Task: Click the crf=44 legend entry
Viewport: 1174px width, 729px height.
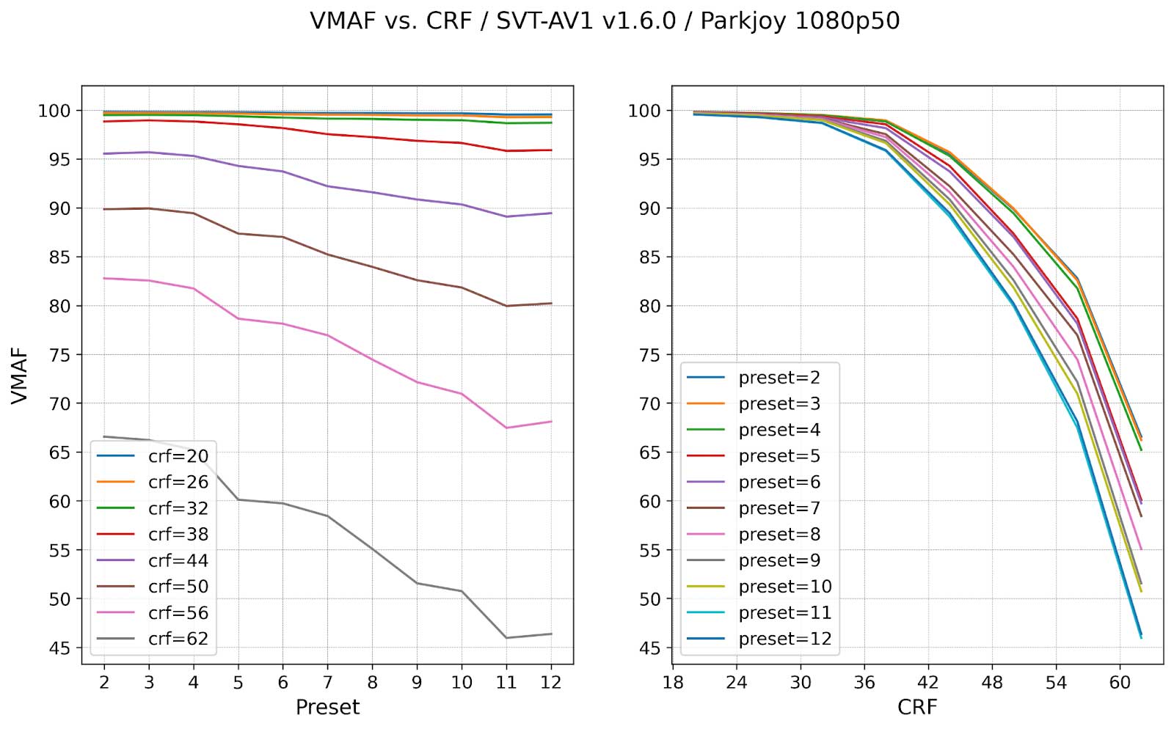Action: (x=178, y=560)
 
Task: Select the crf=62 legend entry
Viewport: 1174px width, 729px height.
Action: (x=178, y=639)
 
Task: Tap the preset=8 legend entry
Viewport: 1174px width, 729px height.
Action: (x=779, y=535)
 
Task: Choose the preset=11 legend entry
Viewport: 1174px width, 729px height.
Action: (x=784, y=612)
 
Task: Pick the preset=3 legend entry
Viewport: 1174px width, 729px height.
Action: (x=779, y=404)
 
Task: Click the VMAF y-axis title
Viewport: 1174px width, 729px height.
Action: (x=20, y=376)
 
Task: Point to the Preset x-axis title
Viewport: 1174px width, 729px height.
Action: (x=327, y=707)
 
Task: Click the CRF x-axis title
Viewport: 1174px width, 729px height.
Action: (x=917, y=707)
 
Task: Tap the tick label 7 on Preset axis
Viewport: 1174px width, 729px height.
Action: (x=327, y=683)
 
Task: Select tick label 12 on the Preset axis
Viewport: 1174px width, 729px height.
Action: (x=550, y=683)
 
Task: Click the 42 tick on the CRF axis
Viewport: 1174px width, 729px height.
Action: (x=928, y=683)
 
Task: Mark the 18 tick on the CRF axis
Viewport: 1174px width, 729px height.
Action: (x=673, y=683)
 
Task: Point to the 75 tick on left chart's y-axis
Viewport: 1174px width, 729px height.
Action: (x=59, y=355)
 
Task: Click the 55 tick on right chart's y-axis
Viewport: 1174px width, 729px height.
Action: (x=649, y=550)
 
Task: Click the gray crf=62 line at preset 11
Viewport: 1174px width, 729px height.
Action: (x=506, y=637)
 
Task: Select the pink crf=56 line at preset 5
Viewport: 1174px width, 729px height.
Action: (x=238, y=318)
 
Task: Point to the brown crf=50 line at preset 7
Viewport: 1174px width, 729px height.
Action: (x=327, y=254)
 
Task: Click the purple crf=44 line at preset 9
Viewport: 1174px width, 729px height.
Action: (x=417, y=199)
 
